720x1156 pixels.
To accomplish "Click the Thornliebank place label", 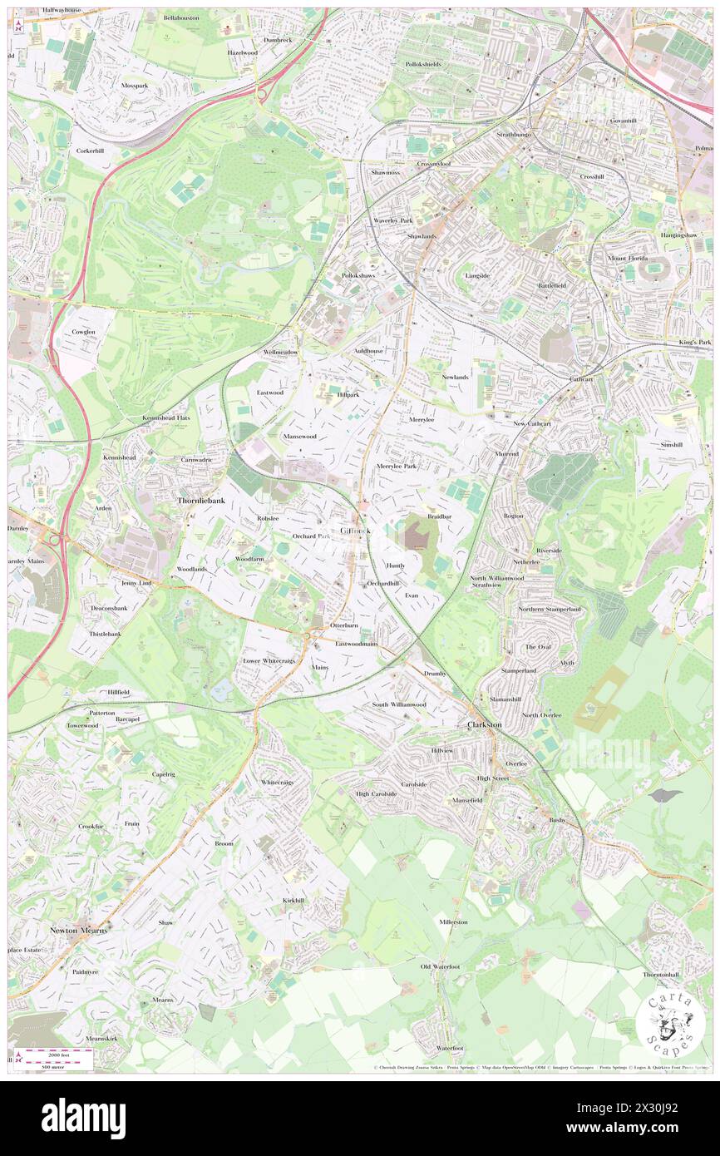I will (x=201, y=501).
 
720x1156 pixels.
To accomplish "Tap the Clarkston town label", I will (x=482, y=724).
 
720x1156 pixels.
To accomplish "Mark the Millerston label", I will (x=454, y=921).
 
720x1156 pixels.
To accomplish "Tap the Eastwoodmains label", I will (x=357, y=644).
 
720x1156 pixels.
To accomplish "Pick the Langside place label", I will (x=477, y=275).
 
